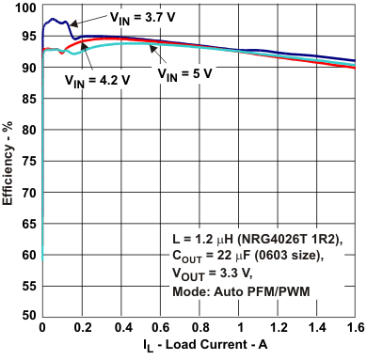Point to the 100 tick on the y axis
point(25,8)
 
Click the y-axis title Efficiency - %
point(8,162)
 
